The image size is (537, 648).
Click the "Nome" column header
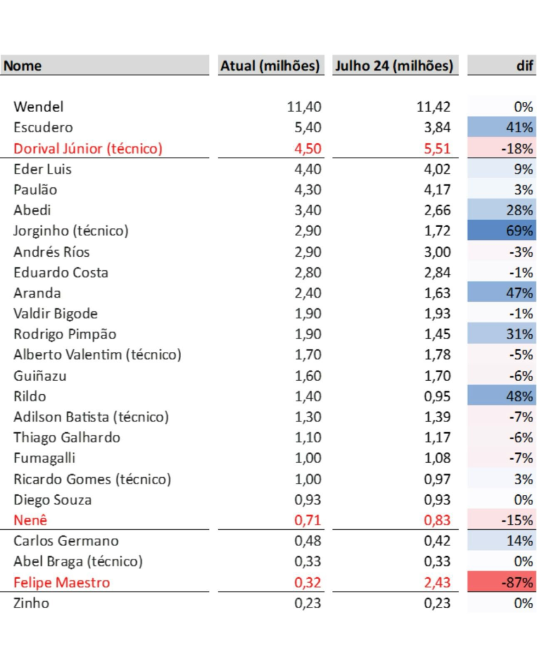pos(23,66)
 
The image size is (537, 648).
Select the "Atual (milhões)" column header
pos(270,66)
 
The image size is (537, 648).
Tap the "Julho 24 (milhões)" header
pos(394,66)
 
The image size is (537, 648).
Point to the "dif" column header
pos(524,66)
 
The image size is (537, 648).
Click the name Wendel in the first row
pos(39,107)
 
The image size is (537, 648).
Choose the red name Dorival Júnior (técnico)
pos(88,149)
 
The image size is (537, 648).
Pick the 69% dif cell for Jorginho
pos(501,231)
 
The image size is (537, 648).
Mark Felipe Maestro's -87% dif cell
pos(501,582)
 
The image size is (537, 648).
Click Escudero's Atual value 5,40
pos(308,128)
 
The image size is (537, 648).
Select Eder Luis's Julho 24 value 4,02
pos(437,169)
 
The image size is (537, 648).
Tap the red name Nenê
pos(30,520)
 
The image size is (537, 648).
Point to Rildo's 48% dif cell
pos(501,396)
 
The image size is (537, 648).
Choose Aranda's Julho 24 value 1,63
pos(437,293)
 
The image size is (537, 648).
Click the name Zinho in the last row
pos(31,603)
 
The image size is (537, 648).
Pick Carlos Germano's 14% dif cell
pos(501,541)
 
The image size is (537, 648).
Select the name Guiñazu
pos(40,376)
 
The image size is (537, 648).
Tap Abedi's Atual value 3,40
pos(308,210)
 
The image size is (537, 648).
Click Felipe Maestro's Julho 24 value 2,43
pos(437,582)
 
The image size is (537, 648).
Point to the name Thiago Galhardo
pos(66,437)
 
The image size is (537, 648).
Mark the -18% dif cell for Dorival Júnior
pos(501,149)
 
